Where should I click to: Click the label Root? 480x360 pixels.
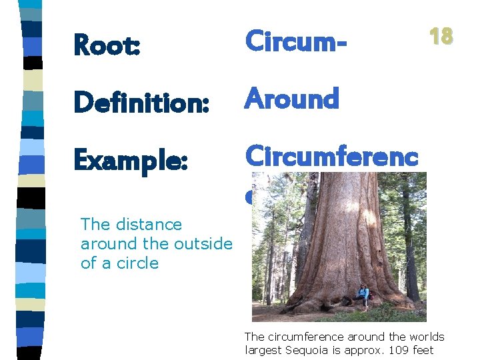(107, 45)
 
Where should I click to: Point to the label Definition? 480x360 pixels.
(141, 103)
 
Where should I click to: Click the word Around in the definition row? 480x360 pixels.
(292, 99)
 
